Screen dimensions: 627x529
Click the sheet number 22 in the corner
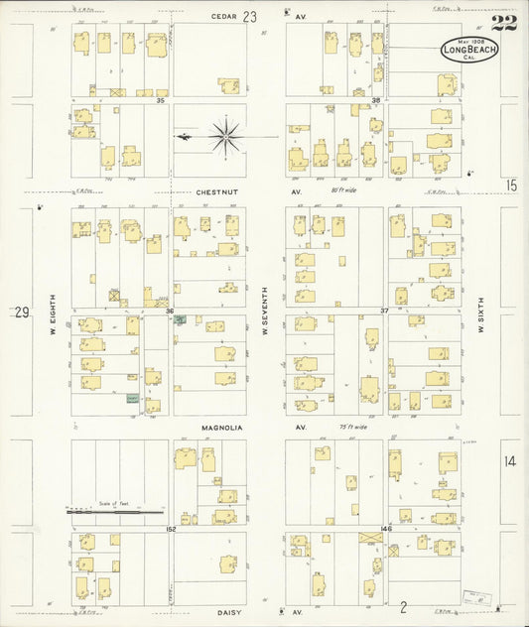[505, 23]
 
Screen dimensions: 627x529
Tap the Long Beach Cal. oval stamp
[469, 50]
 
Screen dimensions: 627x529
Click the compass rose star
[225, 136]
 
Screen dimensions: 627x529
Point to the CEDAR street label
[222, 16]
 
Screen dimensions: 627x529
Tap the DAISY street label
[227, 612]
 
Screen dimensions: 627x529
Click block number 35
[158, 101]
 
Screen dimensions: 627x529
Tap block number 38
[376, 101]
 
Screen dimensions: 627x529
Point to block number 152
[171, 529]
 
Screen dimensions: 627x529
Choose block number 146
[387, 529]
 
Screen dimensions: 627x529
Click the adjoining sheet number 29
[21, 312]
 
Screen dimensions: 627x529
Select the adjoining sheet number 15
[510, 185]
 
